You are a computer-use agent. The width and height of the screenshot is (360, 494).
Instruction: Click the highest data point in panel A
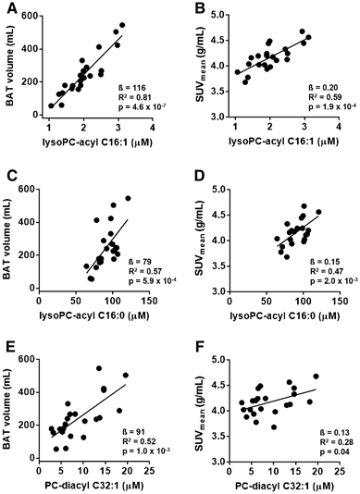click(x=122, y=26)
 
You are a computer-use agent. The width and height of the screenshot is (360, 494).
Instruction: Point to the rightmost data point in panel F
click(x=316, y=377)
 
